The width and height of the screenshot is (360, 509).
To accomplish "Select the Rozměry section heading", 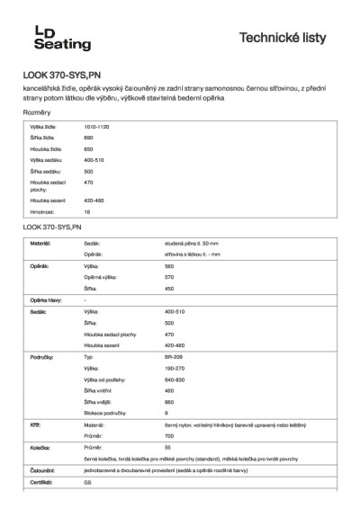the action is click(37, 112).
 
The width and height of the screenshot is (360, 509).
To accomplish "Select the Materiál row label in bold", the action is click(40, 243).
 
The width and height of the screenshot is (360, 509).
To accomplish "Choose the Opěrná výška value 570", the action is click(169, 277).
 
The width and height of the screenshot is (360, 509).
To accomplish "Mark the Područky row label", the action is click(42, 357).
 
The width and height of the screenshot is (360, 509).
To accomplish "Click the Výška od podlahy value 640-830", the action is click(175, 379).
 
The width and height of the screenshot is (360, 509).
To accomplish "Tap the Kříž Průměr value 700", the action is click(169, 435).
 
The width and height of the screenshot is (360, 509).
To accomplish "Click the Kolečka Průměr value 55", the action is click(168, 447).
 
